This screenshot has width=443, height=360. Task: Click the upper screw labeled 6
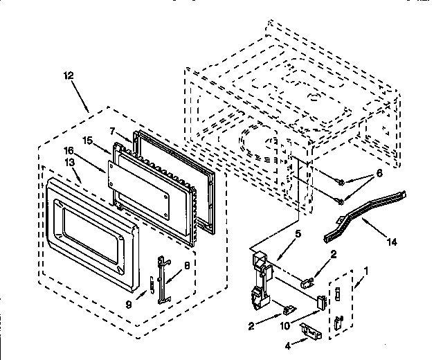(342, 182)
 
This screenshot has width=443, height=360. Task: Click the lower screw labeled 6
(341, 201)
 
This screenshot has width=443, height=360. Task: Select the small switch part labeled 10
(321, 302)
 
